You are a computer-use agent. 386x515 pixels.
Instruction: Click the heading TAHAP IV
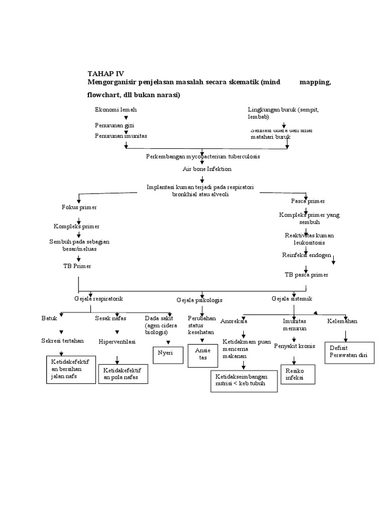click(x=106, y=73)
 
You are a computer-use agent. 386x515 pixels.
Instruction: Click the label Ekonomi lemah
click(x=116, y=110)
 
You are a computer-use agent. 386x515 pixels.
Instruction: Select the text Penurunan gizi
click(x=114, y=125)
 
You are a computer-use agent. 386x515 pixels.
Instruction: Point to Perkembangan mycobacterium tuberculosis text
click(x=203, y=157)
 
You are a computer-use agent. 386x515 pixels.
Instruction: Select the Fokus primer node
click(x=79, y=207)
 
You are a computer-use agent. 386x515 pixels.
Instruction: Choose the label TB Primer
click(x=81, y=266)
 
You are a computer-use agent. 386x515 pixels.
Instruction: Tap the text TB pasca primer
click(x=306, y=275)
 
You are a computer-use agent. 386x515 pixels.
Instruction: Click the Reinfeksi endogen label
click(x=306, y=255)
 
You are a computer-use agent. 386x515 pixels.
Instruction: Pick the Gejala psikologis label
click(x=200, y=300)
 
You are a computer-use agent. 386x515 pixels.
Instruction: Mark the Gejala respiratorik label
click(x=99, y=299)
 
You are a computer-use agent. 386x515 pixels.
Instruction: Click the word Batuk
click(x=49, y=319)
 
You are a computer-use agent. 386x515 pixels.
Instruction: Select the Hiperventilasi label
click(x=117, y=341)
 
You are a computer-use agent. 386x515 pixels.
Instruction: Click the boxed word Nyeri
click(x=165, y=353)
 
